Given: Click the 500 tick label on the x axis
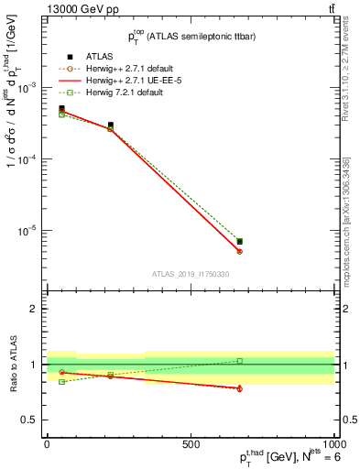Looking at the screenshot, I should [191, 443].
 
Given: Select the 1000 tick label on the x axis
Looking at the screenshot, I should [333, 443].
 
